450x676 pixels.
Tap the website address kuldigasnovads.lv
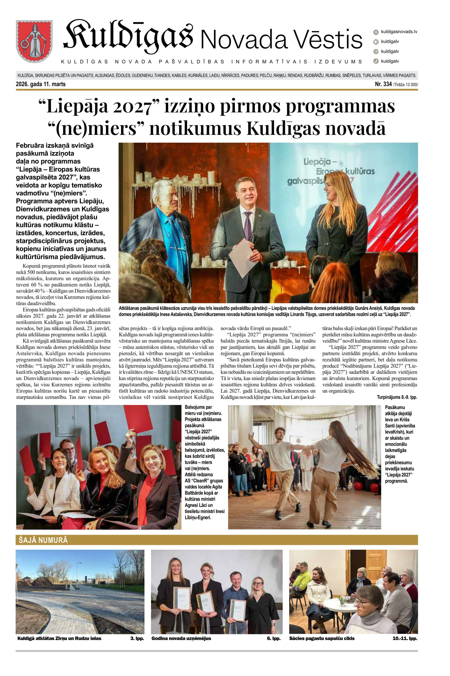click(x=399, y=32)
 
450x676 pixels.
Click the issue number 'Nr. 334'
click(x=383, y=84)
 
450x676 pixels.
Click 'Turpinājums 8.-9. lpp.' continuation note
click(x=397, y=397)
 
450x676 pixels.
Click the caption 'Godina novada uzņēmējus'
click(x=181, y=638)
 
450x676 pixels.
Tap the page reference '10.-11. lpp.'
click(x=405, y=638)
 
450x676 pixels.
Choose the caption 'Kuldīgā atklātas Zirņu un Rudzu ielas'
click(x=59, y=638)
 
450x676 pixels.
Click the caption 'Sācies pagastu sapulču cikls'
click(x=322, y=638)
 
